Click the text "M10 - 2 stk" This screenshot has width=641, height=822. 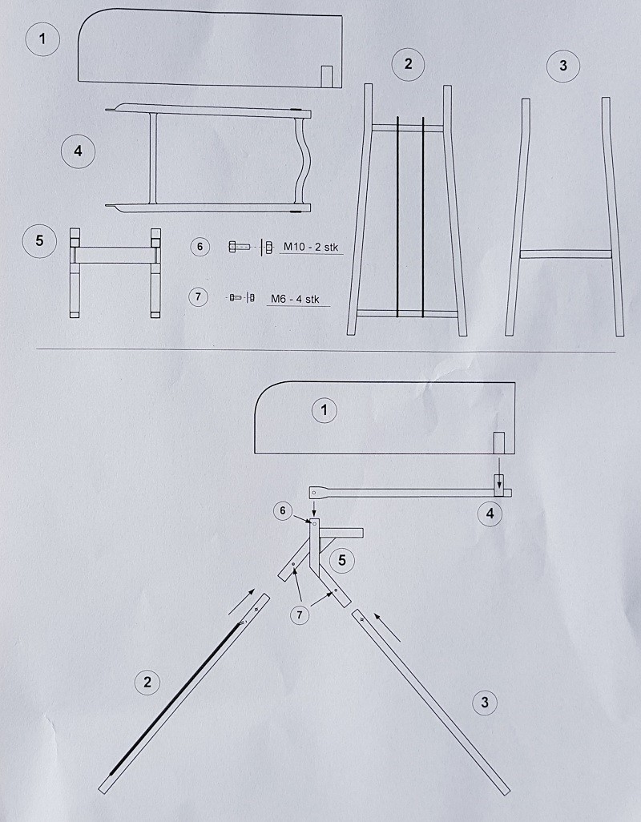(311, 247)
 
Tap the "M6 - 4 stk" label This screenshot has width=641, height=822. (295, 299)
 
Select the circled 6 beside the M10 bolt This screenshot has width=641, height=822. (200, 247)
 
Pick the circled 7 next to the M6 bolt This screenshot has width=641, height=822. (198, 296)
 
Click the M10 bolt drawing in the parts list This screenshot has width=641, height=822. (251, 247)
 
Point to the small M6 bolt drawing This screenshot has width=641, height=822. (242, 297)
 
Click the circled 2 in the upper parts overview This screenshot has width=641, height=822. (408, 64)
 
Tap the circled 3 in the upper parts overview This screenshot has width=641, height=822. (563, 66)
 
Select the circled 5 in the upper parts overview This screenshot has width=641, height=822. (39, 240)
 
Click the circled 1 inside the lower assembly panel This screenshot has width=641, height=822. (324, 410)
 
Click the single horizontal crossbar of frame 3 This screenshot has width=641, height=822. (566, 254)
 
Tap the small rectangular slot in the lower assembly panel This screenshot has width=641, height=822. (499, 442)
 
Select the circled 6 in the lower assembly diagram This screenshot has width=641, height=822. (283, 511)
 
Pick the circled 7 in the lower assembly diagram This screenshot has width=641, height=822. (300, 615)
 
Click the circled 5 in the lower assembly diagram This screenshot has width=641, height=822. (341, 560)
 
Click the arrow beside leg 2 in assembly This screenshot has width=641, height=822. (242, 602)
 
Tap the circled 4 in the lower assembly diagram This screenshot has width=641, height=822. (490, 514)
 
